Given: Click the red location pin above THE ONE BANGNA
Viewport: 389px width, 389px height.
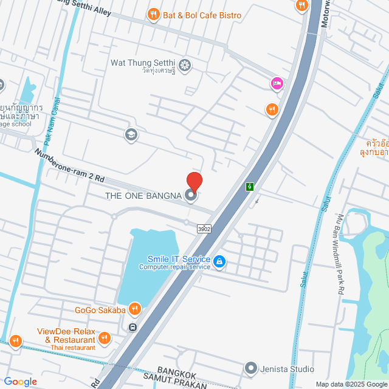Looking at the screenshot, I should pyautogui.click(x=194, y=181).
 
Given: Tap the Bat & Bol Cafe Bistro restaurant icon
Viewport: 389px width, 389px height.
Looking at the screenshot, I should pyautogui.click(x=154, y=15).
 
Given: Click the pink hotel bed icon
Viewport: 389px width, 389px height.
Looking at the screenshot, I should pyautogui.click(x=277, y=83).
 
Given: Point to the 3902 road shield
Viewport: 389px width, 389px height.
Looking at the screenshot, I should pyautogui.click(x=204, y=229).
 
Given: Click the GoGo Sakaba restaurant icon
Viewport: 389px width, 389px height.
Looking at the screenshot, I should pyautogui.click(x=135, y=309).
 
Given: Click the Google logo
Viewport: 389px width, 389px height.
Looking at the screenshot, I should pyautogui.click(x=20, y=381).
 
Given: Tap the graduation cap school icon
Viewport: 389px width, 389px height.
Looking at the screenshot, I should pyautogui.click(x=129, y=134).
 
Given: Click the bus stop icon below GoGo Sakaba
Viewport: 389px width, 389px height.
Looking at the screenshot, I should pyautogui.click(x=133, y=327).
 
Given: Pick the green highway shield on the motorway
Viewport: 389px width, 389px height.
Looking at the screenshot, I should pyautogui.click(x=250, y=187).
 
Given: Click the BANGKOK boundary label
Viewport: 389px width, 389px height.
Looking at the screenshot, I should pyautogui.click(x=178, y=370).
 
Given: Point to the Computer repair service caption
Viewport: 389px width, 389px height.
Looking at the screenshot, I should pyautogui.click(x=174, y=267).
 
